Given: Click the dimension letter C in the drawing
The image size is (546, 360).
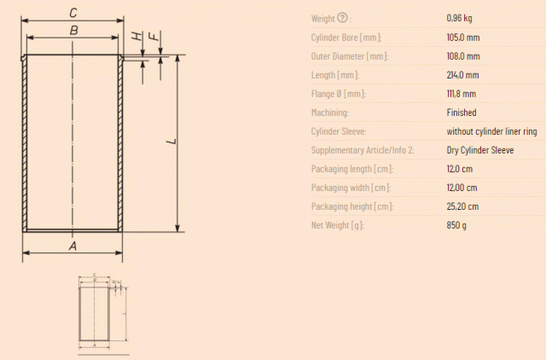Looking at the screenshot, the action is click(73, 13).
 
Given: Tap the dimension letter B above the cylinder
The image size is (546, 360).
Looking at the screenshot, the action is click(74, 31).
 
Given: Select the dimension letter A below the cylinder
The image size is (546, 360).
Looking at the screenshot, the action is click(73, 246).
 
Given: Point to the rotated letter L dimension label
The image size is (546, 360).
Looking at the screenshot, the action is click(171, 141).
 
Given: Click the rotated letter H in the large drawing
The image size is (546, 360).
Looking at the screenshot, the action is click(137, 36).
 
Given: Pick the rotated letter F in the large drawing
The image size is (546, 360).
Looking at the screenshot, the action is click(154, 36).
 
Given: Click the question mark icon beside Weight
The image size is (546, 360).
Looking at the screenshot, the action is click(343, 17).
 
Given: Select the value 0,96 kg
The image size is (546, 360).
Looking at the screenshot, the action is click(459, 18).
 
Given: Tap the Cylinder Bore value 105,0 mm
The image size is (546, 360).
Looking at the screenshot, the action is click(463, 38).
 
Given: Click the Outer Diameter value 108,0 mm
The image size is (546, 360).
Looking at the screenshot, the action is click(463, 56).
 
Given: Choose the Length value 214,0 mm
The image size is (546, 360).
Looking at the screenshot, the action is click(462, 75).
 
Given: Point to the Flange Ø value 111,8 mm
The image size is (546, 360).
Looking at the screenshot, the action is click(462, 94).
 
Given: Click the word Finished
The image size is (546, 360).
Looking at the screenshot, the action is click(462, 113).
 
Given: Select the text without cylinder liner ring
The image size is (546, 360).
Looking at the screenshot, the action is click(491, 131).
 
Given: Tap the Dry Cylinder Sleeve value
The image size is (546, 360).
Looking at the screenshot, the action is click(480, 150).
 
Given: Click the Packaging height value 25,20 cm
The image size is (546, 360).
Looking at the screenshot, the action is click(462, 206).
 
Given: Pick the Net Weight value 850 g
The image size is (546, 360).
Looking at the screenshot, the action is click(456, 225).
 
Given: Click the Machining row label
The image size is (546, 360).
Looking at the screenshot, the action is click(330, 113).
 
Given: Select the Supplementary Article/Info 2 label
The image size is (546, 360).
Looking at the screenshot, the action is click(363, 150).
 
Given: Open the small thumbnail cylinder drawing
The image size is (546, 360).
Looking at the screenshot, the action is click(103, 312).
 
